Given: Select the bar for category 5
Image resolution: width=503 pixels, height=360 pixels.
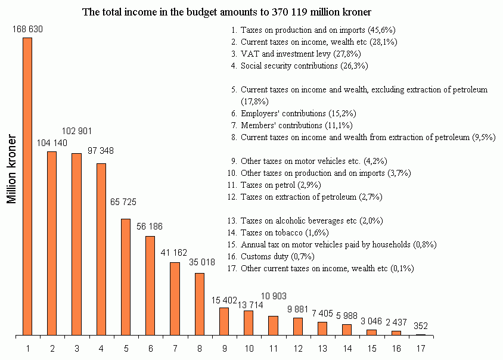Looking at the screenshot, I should [125, 277].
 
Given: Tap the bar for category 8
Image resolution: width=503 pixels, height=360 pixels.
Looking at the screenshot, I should [200, 304].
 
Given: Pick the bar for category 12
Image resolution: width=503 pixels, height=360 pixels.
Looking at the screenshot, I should [298, 326].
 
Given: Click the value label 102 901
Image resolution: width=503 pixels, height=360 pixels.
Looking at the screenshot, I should [77, 131].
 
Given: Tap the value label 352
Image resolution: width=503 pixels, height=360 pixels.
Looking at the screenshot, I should [421, 326].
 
